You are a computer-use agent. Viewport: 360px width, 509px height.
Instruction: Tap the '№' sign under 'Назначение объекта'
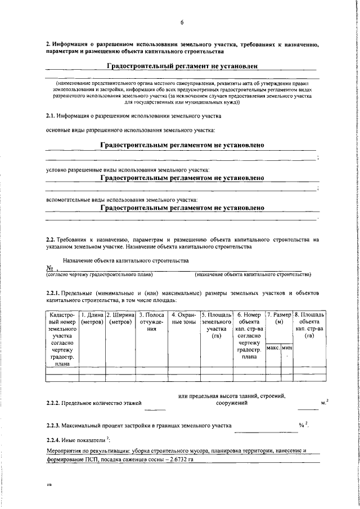(49, 268)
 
